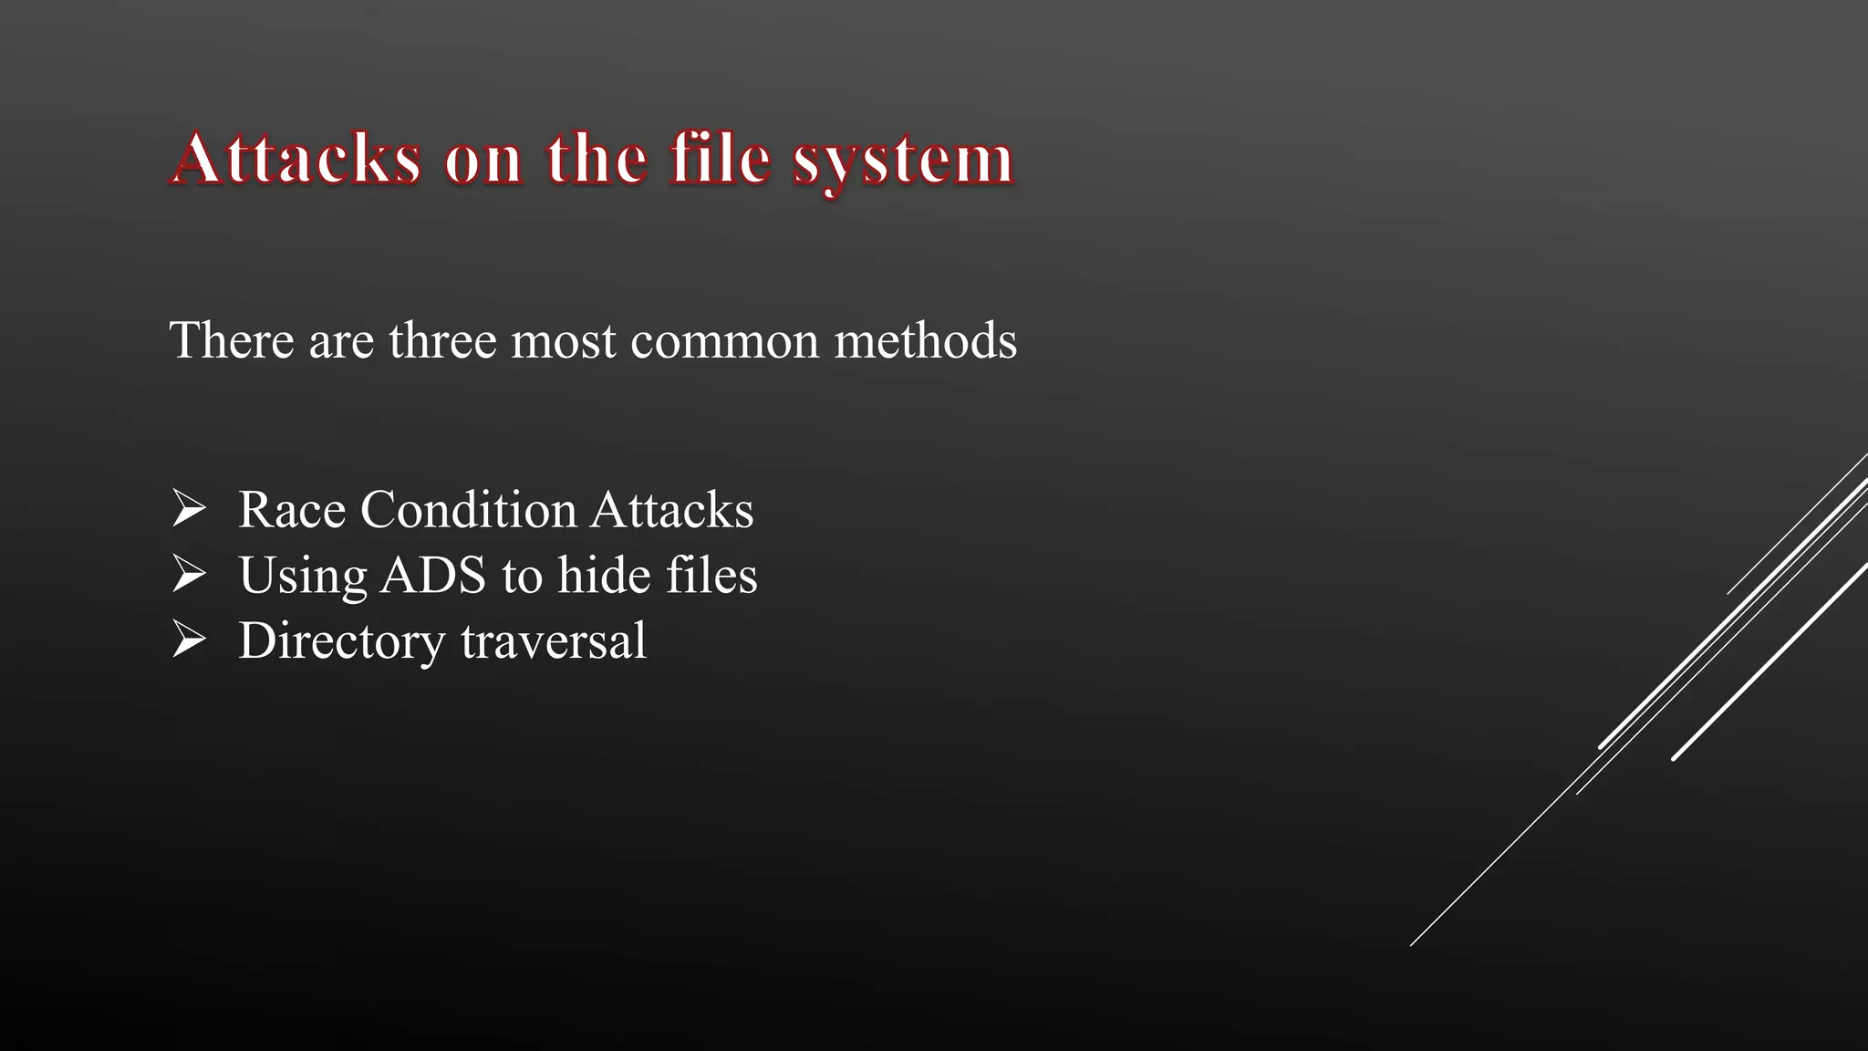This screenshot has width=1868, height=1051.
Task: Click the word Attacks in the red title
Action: click(x=296, y=159)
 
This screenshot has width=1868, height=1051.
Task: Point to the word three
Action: click(x=442, y=340)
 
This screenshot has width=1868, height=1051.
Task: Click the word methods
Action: click(x=925, y=340)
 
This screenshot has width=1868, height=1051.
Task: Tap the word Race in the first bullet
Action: click(x=292, y=509)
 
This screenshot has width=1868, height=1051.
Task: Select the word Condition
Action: click(x=468, y=509)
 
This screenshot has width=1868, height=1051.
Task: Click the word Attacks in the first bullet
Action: click(x=671, y=509)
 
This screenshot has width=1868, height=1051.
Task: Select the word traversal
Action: click(x=554, y=640)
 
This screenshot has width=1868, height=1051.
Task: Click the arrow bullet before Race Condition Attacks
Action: click(x=189, y=508)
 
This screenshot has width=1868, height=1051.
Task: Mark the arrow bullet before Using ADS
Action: click(x=189, y=574)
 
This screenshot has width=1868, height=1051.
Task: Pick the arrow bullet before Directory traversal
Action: click(x=189, y=640)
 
